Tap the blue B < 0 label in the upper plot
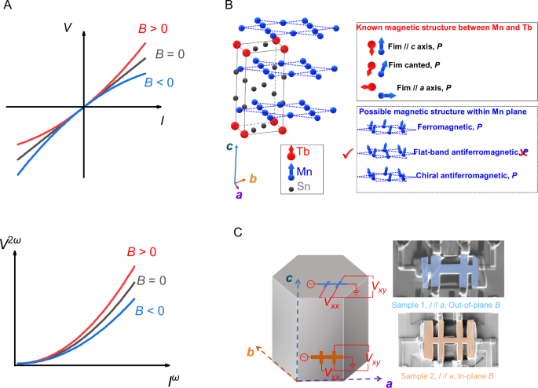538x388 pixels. pos(160,79)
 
